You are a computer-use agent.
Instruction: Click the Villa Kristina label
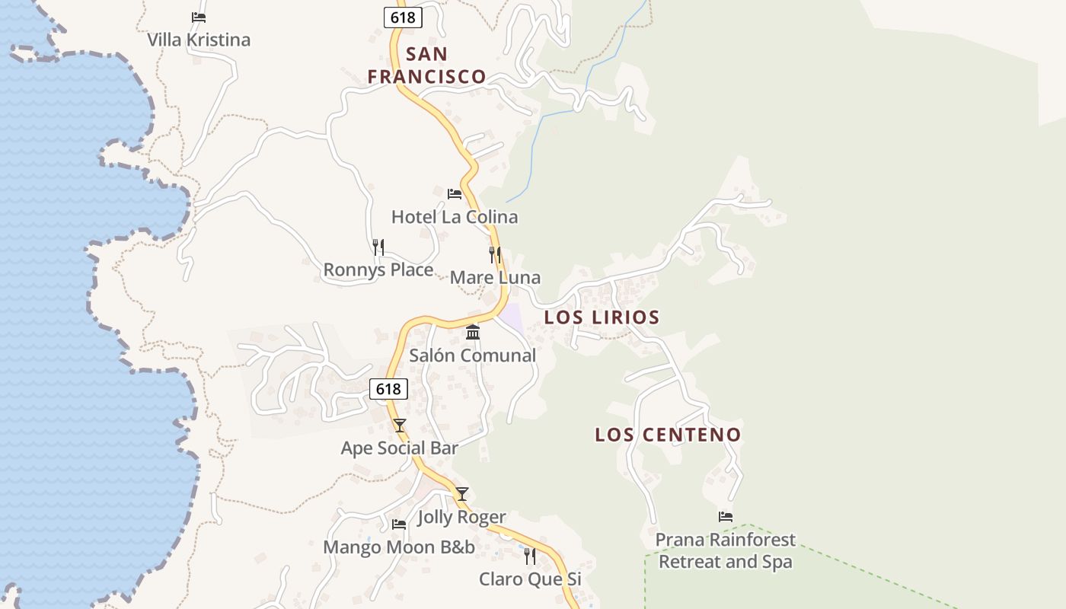199,40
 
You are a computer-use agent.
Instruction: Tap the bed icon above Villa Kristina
199,17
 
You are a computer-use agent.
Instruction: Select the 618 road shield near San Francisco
403,17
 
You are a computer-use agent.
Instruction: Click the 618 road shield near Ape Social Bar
388,389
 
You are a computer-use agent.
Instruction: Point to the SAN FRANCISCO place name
426,65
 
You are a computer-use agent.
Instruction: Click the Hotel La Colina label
455,217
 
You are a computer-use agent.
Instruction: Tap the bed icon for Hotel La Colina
455,194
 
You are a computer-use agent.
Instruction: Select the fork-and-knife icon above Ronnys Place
378,247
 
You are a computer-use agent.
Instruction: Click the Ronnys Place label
378,269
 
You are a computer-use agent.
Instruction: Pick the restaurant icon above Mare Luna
495,254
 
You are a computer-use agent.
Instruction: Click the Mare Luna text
495,277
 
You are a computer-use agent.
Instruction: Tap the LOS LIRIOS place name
602,317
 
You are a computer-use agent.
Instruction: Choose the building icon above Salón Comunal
473,333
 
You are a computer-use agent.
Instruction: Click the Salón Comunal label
473,356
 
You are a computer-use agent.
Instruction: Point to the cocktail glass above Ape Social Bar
400,426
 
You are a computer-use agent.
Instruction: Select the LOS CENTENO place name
668,435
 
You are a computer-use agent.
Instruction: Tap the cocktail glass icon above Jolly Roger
462,494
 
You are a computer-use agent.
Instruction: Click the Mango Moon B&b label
399,547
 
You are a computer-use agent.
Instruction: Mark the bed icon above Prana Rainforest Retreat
726,517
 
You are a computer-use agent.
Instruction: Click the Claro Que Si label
530,579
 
